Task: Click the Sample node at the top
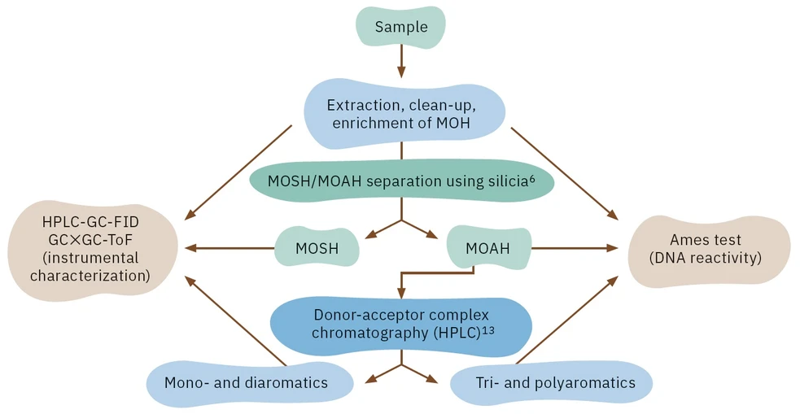(x=400, y=27)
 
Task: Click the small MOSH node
(x=317, y=248)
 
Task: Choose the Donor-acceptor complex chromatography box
(x=400, y=323)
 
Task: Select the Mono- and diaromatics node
(x=246, y=382)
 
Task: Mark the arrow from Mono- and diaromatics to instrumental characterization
(x=236, y=321)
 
